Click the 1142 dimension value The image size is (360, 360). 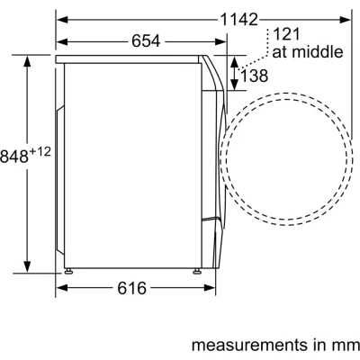239,20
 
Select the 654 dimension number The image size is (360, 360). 146,41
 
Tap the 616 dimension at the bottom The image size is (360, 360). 132,288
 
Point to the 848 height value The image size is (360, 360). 14,157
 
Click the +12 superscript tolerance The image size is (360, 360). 40,152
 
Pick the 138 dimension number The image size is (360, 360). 254,76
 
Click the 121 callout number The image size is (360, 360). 286,34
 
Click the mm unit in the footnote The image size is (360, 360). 347,346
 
